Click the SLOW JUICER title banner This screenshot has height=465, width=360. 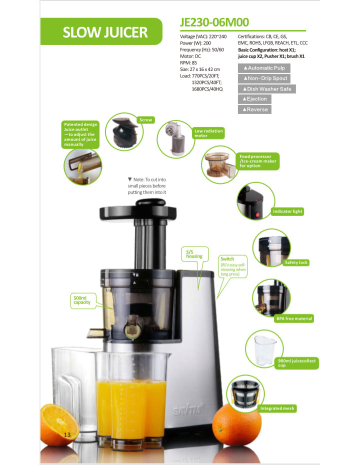point(101,31)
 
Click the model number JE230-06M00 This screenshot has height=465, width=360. point(214,22)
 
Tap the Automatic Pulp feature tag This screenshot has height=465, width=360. point(264,68)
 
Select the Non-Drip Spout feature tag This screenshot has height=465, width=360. point(264,78)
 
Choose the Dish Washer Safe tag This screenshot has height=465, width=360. point(266,89)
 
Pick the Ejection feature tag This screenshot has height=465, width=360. point(254,99)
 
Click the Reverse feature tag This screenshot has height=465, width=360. point(254,109)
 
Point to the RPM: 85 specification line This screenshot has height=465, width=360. point(188,63)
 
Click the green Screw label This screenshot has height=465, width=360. point(145,120)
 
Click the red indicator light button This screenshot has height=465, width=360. point(257,214)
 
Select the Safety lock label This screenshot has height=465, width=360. point(296,262)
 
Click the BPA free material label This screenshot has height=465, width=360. point(294,319)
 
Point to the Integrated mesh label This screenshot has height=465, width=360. point(277,408)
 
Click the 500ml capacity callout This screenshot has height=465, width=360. point(83,300)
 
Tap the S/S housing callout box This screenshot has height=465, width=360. point(195,254)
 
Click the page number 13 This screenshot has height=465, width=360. point(67,435)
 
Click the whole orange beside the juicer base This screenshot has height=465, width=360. point(236,424)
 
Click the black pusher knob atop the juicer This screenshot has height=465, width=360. point(150,202)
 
